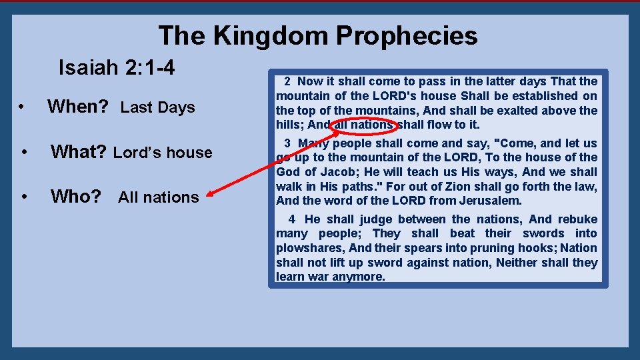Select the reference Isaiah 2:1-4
pyautogui.click(x=117, y=67)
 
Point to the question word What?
pyautogui.click(x=79, y=152)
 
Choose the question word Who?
pyautogui.click(x=76, y=197)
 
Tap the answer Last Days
pyautogui.click(x=158, y=107)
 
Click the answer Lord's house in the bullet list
pyautogui.click(x=163, y=153)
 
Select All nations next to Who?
pyautogui.click(x=159, y=197)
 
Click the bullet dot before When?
pyautogui.click(x=22, y=107)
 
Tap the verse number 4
pyautogui.click(x=292, y=219)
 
